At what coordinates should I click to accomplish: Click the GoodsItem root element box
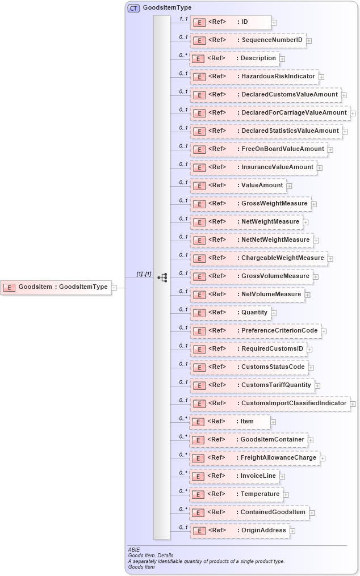click(56, 287)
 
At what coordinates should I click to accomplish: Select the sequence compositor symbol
click(162, 278)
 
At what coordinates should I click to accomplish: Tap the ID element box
click(230, 22)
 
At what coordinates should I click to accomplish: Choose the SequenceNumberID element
click(248, 40)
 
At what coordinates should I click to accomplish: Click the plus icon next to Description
click(282, 58)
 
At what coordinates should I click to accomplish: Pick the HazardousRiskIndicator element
click(253, 77)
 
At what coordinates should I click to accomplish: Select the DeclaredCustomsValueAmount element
click(265, 95)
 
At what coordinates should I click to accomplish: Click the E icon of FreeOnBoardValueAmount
click(199, 149)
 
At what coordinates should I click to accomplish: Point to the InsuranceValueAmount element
click(253, 167)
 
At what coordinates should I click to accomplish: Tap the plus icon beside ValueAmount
click(289, 186)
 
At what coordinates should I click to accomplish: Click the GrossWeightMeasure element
click(250, 204)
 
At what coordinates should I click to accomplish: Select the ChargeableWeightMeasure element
click(258, 258)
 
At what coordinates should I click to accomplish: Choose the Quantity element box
click(230, 313)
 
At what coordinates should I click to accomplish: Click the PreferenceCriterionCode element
click(255, 331)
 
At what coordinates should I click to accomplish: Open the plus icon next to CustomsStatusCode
click(311, 367)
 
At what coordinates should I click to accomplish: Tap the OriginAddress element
click(240, 531)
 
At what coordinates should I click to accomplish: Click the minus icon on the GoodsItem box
click(114, 287)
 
